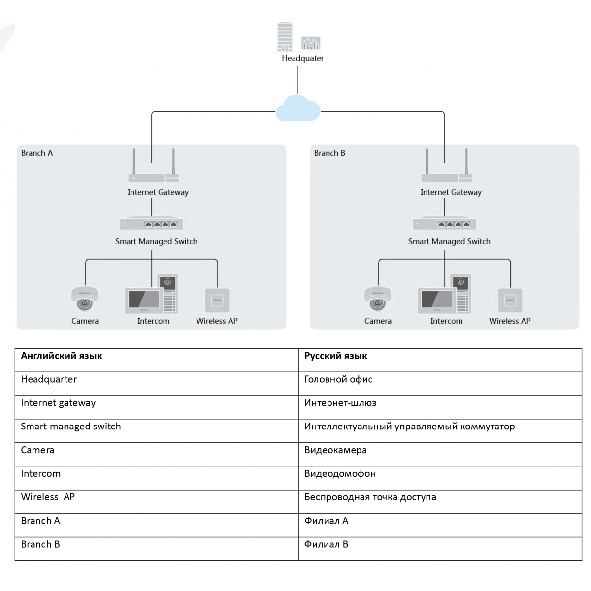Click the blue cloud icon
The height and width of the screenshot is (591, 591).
(297, 108)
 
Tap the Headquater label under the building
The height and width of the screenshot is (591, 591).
(302, 58)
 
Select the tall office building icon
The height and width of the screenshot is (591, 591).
(285, 37)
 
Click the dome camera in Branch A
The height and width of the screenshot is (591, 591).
(85, 299)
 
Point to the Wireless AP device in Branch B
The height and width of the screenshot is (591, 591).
(510, 300)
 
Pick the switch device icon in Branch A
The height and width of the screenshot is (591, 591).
(152, 223)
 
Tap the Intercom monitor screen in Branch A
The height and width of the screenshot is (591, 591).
(144, 299)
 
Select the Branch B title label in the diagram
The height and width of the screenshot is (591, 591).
(329, 153)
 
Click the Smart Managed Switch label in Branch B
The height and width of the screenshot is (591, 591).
(449, 241)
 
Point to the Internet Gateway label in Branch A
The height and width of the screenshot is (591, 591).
(158, 192)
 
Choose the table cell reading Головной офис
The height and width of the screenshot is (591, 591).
(440, 383)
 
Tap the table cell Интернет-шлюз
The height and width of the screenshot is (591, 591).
(440, 407)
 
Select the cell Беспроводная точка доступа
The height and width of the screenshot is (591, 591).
(440, 501)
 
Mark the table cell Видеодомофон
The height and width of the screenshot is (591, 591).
(440, 478)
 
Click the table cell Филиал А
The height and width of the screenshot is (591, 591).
(440, 525)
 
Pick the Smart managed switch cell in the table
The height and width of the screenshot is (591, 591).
(157, 430)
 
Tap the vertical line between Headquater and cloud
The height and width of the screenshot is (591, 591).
(298, 80)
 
